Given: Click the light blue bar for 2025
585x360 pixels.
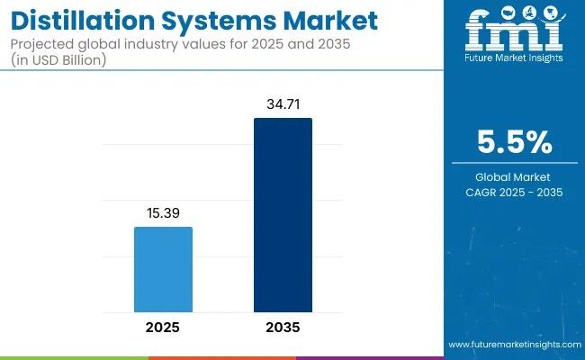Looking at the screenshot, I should (163, 269).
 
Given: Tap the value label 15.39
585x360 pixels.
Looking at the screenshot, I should (163, 214).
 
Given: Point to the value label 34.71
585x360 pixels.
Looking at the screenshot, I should (283, 105).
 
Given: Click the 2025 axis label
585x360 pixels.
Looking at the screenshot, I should (163, 327).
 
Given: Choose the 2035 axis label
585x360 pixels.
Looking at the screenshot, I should (283, 327).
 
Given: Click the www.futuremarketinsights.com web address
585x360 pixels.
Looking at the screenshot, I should (513, 345).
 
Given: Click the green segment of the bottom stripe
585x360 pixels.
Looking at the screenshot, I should (74, 357).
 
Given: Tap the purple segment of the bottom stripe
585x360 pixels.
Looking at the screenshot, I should (369, 357).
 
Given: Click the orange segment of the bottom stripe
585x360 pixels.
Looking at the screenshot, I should (221, 357).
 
